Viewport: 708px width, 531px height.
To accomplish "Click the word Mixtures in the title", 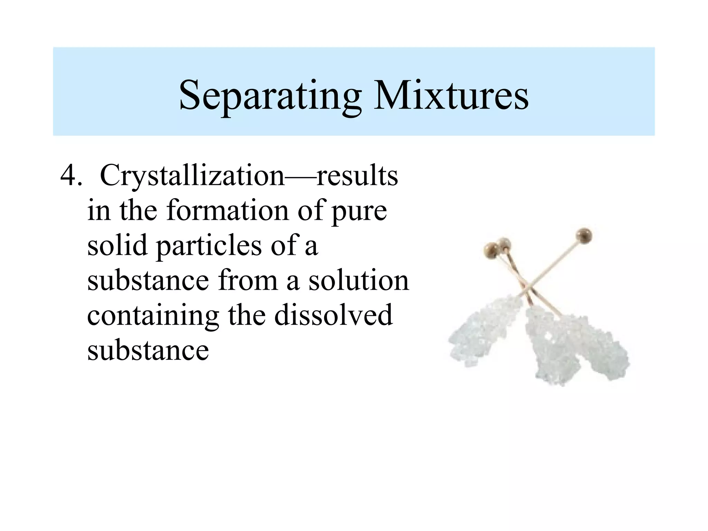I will [451, 95].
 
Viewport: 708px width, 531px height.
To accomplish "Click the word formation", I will [227, 211].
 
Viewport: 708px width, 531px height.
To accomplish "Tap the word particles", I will [209, 247].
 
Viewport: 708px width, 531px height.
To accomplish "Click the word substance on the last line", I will [148, 351].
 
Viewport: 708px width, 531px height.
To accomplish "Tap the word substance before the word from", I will [148, 281].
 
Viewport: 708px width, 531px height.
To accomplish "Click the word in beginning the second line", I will [99, 211].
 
